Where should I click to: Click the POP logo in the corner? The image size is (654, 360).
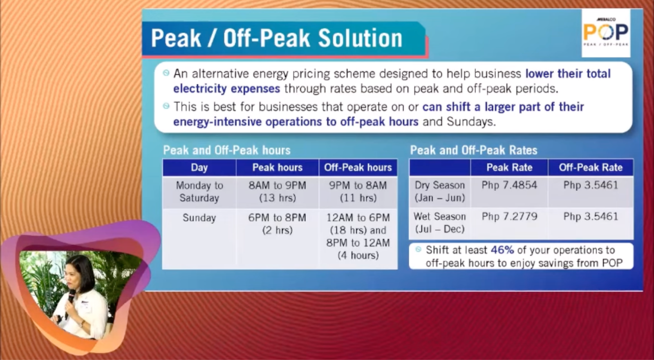click(x=606, y=33)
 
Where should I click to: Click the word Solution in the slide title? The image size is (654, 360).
click(x=360, y=38)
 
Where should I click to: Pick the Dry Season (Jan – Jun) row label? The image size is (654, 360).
click(x=440, y=192)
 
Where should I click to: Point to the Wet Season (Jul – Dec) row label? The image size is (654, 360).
click(x=440, y=223)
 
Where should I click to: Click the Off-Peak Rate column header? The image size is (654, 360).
click(x=591, y=168)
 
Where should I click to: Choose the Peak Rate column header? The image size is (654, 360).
click(x=509, y=168)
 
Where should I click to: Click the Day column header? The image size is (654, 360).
click(x=199, y=168)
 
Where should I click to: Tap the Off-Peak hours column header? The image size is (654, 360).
click(x=358, y=168)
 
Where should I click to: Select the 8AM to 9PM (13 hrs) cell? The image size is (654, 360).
click(x=278, y=192)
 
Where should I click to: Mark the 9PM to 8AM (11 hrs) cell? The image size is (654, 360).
click(x=358, y=192)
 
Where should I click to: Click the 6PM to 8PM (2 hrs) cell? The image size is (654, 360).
click(x=278, y=224)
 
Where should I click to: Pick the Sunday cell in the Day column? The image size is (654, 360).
click(x=199, y=218)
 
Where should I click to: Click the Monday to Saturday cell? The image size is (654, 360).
click(x=199, y=192)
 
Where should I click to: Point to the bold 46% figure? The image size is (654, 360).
click(x=502, y=250)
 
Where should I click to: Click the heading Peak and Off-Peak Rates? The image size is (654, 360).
click(x=474, y=150)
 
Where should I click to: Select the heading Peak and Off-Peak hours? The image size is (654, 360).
click(x=227, y=150)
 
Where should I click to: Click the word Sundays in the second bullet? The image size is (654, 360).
click(x=471, y=122)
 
